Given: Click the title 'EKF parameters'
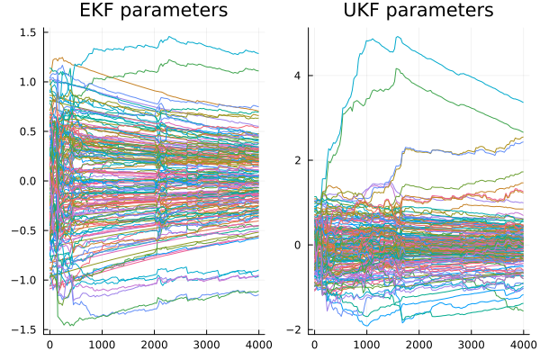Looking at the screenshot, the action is pyautogui.click(x=154, y=10).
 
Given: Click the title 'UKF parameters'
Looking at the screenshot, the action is pyautogui.click(x=418, y=10).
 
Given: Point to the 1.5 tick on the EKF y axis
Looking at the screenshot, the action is pyautogui.click(x=28, y=32).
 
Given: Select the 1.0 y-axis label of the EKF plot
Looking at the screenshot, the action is pyautogui.click(x=28, y=82).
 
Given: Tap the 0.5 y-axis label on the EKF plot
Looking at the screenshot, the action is pyautogui.click(x=28, y=131).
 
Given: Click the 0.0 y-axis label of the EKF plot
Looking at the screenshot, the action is pyautogui.click(x=28, y=181).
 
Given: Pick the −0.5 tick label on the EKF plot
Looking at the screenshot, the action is pyautogui.click(x=23, y=230).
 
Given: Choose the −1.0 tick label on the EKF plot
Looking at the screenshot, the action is pyautogui.click(x=23, y=280).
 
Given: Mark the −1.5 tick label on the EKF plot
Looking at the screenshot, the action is pyautogui.click(x=23, y=329).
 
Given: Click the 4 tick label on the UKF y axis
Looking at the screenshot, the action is pyautogui.click(x=297, y=76).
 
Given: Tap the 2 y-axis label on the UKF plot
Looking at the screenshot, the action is pyautogui.click(x=297, y=160).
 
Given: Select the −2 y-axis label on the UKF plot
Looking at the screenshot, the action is pyautogui.click(x=293, y=329).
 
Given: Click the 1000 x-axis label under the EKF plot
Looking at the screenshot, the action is pyautogui.click(x=102, y=345).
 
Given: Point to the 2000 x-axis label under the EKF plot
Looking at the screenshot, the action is pyautogui.click(x=154, y=345).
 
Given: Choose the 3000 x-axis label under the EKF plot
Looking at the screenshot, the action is pyautogui.click(x=207, y=345).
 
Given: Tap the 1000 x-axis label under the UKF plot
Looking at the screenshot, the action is pyautogui.click(x=367, y=345).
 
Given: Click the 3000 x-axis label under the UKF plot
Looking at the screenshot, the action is pyautogui.click(x=471, y=345).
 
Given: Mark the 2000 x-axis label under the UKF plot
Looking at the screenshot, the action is pyautogui.click(x=418, y=345).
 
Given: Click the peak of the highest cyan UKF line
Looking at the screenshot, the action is pyautogui.click(x=398, y=37).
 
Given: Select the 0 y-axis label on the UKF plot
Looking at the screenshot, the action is pyautogui.click(x=297, y=245).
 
